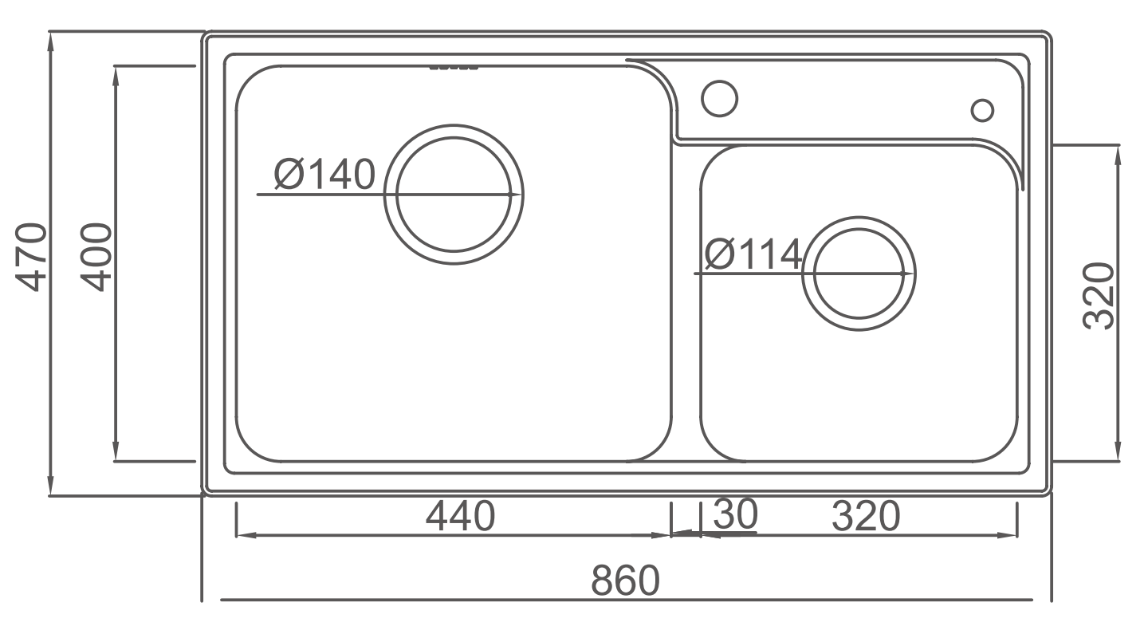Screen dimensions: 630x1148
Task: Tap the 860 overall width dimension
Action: click(x=626, y=580)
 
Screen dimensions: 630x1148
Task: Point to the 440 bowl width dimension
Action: click(x=460, y=516)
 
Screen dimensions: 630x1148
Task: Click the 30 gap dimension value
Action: click(x=734, y=514)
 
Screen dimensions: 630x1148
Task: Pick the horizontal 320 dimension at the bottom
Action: click(x=866, y=516)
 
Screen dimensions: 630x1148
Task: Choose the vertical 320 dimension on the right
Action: click(x=1099, y=295)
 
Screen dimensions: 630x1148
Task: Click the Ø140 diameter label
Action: click(x=324, y=175)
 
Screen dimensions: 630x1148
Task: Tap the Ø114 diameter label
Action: click(x=753, y=255)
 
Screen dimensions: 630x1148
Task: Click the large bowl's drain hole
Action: click(x=454, y=194)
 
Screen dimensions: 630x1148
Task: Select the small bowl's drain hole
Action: click(x=859, y=274)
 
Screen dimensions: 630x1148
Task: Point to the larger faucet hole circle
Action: click(x=719, y=98)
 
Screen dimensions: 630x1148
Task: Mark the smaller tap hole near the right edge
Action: click(x=983, y=110)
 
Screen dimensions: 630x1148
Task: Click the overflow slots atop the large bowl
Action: click(x=454, y=68)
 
